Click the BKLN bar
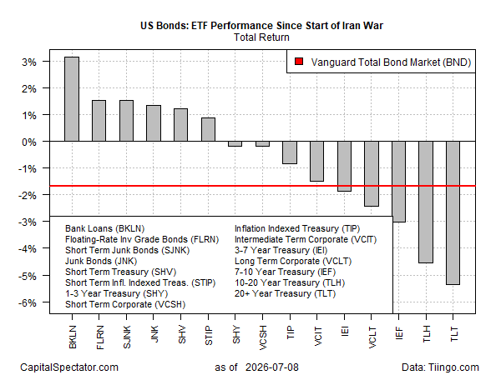[72, 99]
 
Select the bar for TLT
[453, 212]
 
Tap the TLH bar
[426, 202]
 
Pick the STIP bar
[208, 129]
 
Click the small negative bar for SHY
[235, 144]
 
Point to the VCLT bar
[372, 174]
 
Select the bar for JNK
[154, 123]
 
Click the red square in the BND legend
[299, 62]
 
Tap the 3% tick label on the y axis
[29, 62]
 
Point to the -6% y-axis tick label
[28, 302]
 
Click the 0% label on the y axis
[29, 142]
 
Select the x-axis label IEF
[398, 333]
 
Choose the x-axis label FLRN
[99, 337]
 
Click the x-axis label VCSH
[263, 337]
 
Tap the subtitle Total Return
[261, 37]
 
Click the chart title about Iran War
[261, 26]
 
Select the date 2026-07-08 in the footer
[272, 367]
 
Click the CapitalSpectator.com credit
[69, 367]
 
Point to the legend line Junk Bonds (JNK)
[101, 261]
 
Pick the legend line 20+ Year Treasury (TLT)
[285, 293]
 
